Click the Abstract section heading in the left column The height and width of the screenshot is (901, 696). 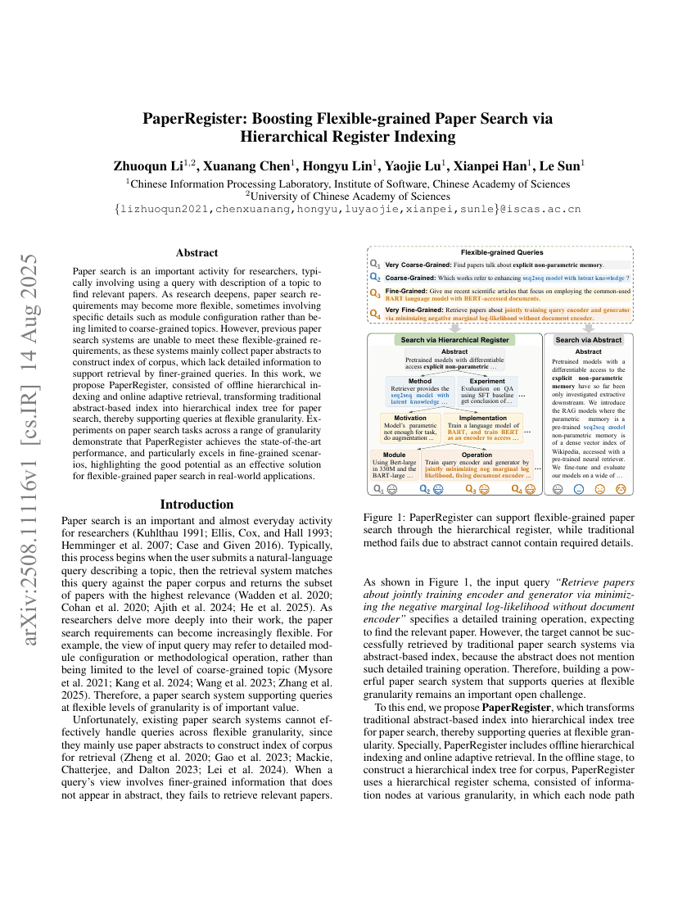click(x=197, y=253)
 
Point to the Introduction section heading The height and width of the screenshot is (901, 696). click(x=197, y=504)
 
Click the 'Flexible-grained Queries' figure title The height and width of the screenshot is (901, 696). click(x=501, y=252)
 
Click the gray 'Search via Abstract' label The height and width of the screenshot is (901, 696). click(x=589, y=339)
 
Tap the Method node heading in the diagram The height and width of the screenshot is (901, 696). click(x=419, y=381)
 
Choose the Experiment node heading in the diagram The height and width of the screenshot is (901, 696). click(x=487, y=381)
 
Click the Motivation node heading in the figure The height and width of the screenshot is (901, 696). click(x=404, y=417)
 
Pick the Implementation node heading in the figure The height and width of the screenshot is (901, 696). click(x=482, y=417)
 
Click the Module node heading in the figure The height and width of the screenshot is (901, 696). click(x=394, y=454)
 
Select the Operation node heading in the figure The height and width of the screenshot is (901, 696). click(x=477, y=454)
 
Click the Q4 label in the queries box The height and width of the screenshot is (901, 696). click(x=375, y=313)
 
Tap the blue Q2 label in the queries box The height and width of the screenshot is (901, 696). click(x=375, y=278)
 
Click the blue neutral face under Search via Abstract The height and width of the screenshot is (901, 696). click(x=579, y=489)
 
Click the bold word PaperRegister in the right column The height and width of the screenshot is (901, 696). click(x=516, y=706)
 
